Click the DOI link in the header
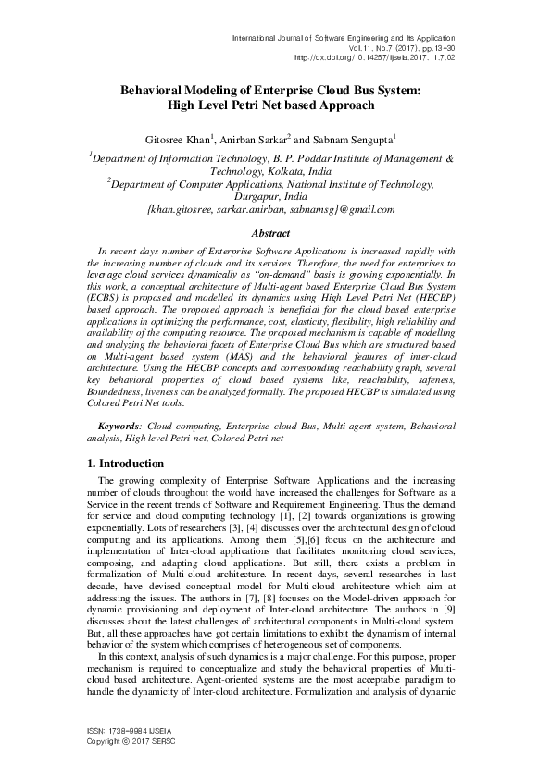pyautogui.click(x=373, y=56)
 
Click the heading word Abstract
pyautogui.click(x=275, y=235)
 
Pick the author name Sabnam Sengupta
pyautogui.click(x=353, y=139)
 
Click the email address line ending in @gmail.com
pyautogui.click(x=275, y=210)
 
